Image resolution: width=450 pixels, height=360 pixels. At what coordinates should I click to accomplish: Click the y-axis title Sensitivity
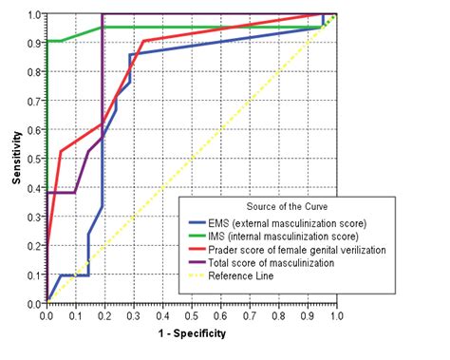click(x=17, y=160)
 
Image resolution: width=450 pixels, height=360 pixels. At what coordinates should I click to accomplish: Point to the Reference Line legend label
click(x=250, y=275)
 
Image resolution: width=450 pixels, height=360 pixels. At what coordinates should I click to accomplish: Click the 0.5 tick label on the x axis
click(x=191, y=314)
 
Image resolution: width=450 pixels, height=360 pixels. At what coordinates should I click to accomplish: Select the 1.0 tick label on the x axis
click(x=336, y=314)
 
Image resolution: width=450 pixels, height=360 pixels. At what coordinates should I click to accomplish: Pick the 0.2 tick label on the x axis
click(x=104, y=314)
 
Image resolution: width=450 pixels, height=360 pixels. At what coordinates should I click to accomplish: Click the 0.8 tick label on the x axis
click(x=278, y=314)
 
